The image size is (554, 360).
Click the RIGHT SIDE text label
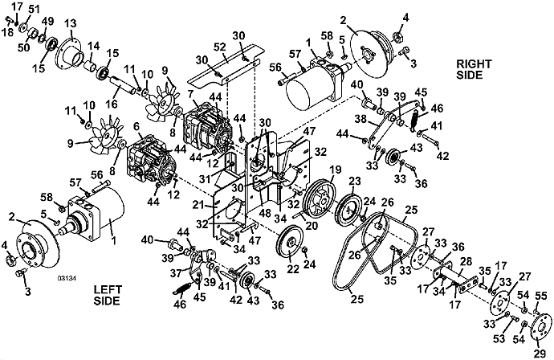(x=474, y=69)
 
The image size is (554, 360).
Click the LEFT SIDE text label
(x=108, y=295)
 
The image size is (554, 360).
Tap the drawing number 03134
(x=67, y=278)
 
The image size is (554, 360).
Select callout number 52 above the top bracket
(x=220, y=47)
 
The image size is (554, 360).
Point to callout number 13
(x=71, y=24)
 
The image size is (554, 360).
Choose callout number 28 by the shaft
(x=466, y=262)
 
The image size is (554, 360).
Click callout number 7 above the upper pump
(x=190, y=94)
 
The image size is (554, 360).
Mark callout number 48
(x=265, y=215)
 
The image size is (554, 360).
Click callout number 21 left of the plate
(x=198, y=205)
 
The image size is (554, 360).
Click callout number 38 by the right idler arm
(x=361, y=120)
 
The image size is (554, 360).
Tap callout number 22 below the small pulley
(x=293, y=268)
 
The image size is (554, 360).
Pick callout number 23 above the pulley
(x=355, y=182)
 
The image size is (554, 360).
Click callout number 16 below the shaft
(x=112, y=104)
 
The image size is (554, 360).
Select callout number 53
(x=499, y=339)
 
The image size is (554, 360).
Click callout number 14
(x=93, y=47)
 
